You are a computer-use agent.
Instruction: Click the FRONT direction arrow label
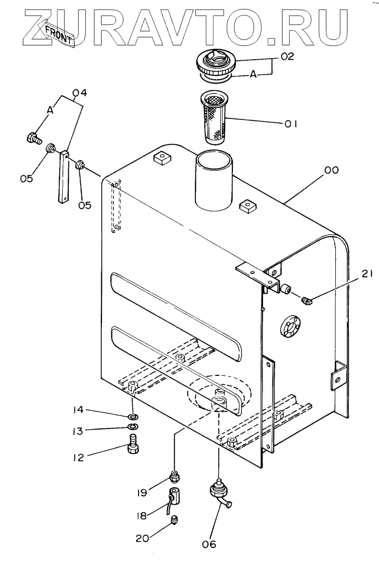[x=59, y=34]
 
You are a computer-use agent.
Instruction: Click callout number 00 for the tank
[x=331, y=170]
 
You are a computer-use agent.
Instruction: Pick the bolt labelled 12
[x=134, y=445]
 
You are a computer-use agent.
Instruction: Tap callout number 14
[x=78, y=409]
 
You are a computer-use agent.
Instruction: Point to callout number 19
[x=142, y=492]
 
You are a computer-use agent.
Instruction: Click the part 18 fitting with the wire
[x=173, y=498]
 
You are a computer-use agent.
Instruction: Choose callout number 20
[x=143, y=538]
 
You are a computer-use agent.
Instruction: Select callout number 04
[x=80, y=93]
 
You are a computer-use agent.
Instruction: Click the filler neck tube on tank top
[x=214, y=181]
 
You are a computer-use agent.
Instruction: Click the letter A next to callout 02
[x=254, y=74]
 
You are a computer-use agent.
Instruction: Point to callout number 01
[x=291, y=124]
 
